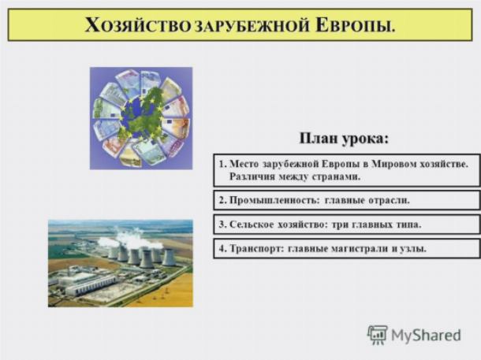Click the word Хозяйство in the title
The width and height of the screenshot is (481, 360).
point(138,25)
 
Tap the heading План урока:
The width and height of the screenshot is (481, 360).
point(344,139)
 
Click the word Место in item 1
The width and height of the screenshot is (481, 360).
point(244,164)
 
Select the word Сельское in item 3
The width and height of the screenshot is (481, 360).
point(252,225)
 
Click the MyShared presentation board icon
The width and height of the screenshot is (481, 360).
point(378,335)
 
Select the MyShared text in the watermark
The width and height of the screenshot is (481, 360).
point(426,335)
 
